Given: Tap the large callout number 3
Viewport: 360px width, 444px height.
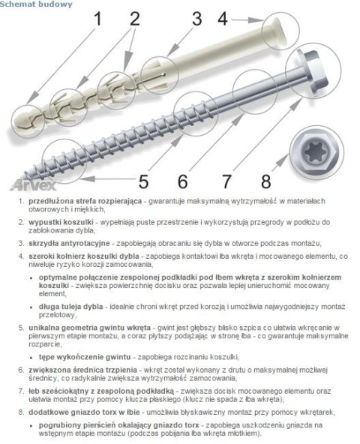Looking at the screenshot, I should (x=196, y=18).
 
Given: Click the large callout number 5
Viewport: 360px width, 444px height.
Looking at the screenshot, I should (x=143, y=181).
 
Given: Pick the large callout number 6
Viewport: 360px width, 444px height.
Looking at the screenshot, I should (x=182, y=181).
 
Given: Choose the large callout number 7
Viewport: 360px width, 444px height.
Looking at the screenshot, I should (x=224, y=181).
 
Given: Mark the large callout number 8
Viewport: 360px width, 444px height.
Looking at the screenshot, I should (x=265, y=181).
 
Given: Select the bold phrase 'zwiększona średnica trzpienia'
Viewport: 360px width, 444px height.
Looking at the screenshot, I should (x=74, y=370).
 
